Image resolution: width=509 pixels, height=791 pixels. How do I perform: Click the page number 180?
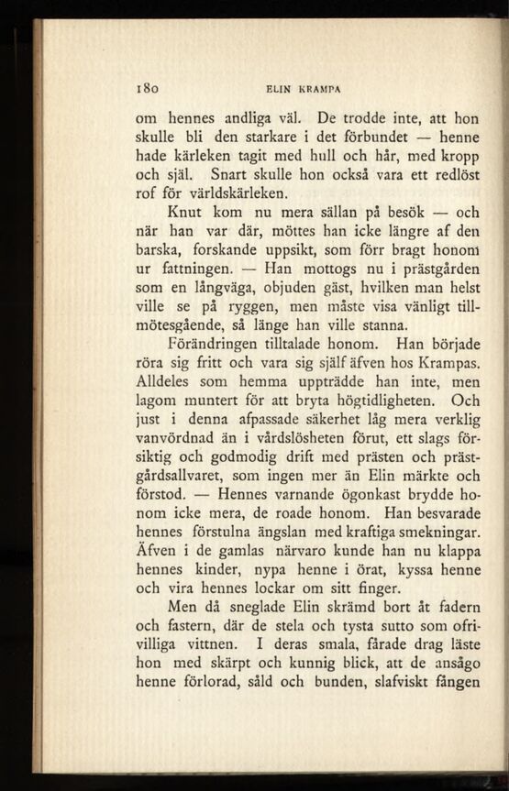coord(148,89)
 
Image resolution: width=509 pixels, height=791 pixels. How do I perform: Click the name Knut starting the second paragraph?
coord(185,213)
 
